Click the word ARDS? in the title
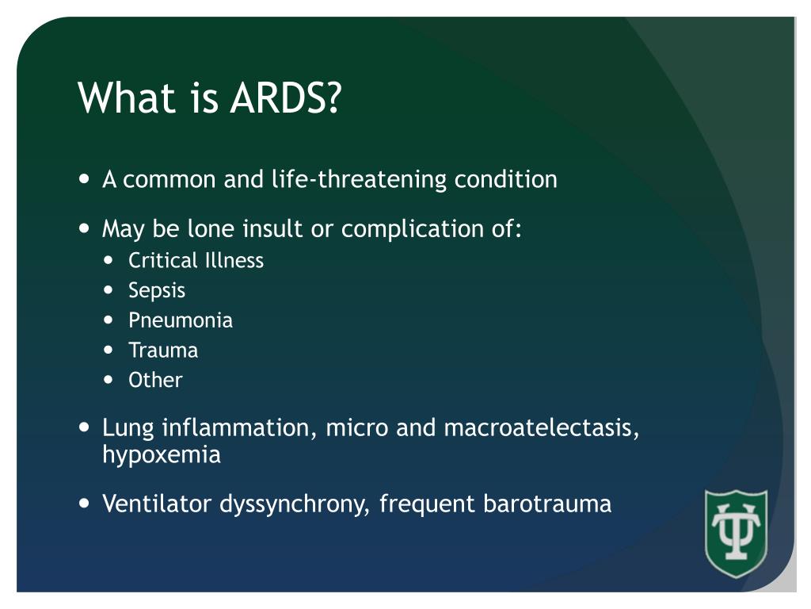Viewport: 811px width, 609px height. coord(286,99)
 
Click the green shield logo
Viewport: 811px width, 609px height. coord(736,533)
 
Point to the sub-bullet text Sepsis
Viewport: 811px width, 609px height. coord(157,291)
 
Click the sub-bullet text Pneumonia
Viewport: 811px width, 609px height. coord(181,321)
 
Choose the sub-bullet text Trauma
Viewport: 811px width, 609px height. coord(163,350)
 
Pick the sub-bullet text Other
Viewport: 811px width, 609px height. coord(155,381)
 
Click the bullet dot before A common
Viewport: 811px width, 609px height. coord(86,179)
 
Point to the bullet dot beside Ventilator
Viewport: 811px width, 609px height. coord(86,504)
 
